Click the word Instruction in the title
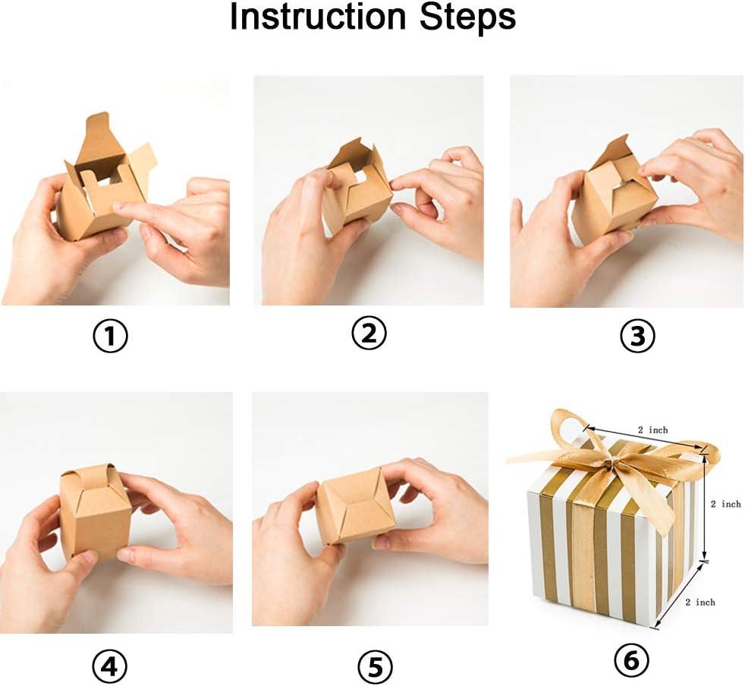pyautogui.click(x=318, y=17)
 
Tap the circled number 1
pyautogui.click(x=110, y=336)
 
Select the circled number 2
pyautogui.click(x=369, y=333)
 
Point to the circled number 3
pyautogui.click(x=637, y=336)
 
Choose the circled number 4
pyautogui.click(x=110, y=666)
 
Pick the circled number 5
pyautogui.click(x=375, y=666)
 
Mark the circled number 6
pyautogui.click(x=631, y=659)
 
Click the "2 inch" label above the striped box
pyautogui.click(x=652, y=430)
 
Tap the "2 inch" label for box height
pyautogui.click(x=725, y=504)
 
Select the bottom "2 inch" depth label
pyautogui.click(x=700, y=602)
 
